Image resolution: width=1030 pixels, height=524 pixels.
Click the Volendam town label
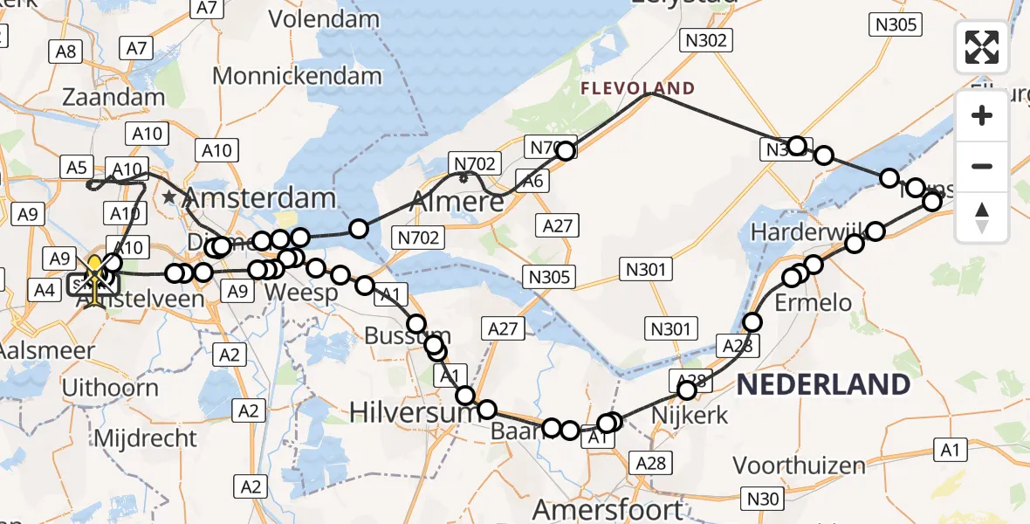324,18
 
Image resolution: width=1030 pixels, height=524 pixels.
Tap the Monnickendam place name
297,75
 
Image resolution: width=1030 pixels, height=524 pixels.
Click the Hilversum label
414,411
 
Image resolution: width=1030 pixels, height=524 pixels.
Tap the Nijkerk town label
690,415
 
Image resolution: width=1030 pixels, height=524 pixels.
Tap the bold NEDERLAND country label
823,384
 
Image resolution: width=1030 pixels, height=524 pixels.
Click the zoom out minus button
983,166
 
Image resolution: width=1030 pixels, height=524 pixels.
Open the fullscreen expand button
983,47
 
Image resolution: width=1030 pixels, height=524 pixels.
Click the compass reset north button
983,216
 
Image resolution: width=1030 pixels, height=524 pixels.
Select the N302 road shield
707,39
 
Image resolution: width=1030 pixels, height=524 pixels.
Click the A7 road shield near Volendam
207,8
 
